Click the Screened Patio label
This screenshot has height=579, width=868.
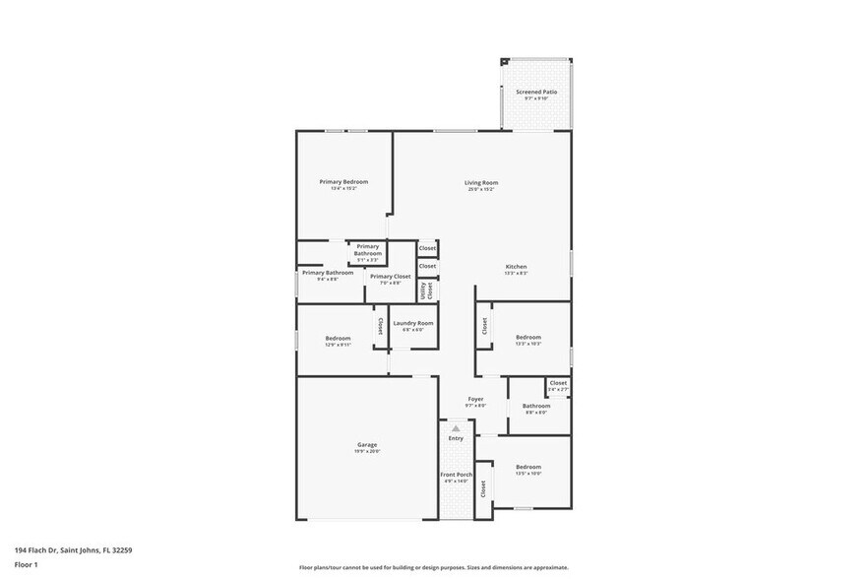point(536,92)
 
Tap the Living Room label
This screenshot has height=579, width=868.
point(481,182)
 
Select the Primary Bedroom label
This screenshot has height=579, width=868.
point(343,181)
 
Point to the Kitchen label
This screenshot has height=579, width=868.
point(517,267)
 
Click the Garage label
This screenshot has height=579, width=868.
point(366,445)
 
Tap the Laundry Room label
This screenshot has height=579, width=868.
point(412,323)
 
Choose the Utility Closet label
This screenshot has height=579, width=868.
point(427,290)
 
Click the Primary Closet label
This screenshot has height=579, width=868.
point(389,277)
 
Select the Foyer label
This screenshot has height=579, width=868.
point(475,399)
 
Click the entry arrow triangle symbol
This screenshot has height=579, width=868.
point(456,428)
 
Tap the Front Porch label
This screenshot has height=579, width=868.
point(456,475)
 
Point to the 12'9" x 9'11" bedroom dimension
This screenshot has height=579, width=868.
point(338,345)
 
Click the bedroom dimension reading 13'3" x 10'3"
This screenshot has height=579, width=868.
point(528,344)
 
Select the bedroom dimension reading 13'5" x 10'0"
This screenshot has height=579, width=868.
point(528,473)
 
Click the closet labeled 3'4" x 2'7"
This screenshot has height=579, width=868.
point(558,390)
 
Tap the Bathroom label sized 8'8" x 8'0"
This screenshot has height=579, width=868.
point(536,406)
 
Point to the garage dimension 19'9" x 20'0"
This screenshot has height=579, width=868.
point(366,451)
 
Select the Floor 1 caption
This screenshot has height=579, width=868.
point(26,564)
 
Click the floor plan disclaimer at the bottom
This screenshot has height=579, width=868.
point(433,567)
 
